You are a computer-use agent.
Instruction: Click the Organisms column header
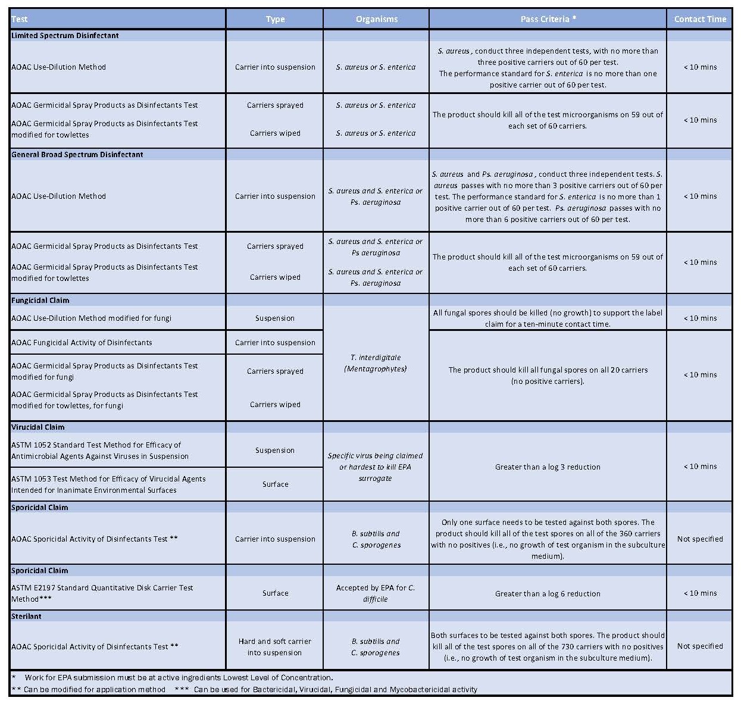(376, 19)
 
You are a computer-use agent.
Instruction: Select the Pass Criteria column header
(548, 19)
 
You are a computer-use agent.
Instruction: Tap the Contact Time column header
(700, 19)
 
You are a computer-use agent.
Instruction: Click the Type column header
(275, 19)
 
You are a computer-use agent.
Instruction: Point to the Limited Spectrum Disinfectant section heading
(65, 36)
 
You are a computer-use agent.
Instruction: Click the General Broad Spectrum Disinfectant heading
(77, 155)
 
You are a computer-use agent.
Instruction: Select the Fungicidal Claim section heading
(40, 301)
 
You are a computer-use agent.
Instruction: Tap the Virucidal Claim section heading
(38, 427)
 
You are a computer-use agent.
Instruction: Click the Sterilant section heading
(27, 617)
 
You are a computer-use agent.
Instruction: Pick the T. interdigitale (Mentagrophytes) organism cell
(376, 363)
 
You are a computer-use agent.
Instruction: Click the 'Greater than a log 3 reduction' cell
(548, 467)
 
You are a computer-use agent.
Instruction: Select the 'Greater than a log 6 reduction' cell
(548, 594)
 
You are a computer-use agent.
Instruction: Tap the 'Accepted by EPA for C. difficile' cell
(376, 593)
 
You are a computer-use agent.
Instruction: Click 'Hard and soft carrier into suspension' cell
(275, 647)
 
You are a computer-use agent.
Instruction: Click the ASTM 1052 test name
(100, 451)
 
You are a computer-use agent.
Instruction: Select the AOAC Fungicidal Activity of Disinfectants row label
(82, 343)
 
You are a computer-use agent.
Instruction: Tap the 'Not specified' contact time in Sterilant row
(700, 646)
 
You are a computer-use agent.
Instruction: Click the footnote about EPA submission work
(179, 678)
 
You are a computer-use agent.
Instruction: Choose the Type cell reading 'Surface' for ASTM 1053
(275, 484)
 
